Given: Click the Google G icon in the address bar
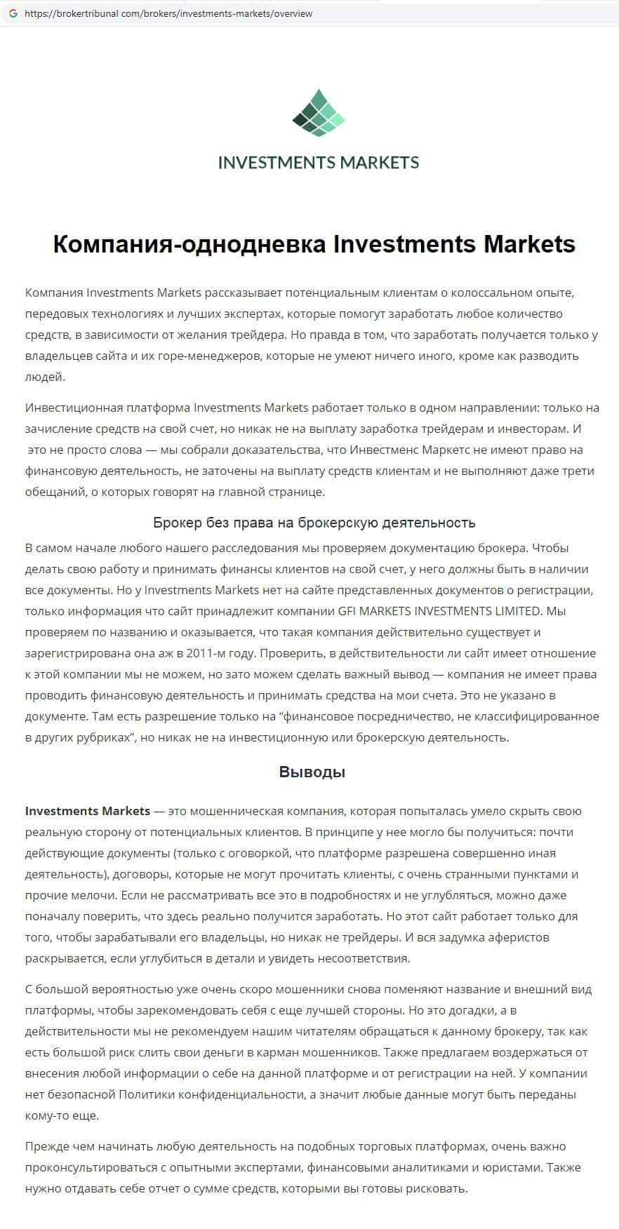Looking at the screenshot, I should (x=13, y=13).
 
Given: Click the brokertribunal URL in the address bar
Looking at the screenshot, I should (x=168, y=13).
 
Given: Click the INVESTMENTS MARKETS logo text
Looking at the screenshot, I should (x=319, y=163).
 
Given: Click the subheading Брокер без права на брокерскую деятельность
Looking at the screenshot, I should (x=314, y=523).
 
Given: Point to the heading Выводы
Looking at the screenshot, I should (x=312, y=772).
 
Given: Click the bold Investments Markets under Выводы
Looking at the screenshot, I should (x=88, y=811).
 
